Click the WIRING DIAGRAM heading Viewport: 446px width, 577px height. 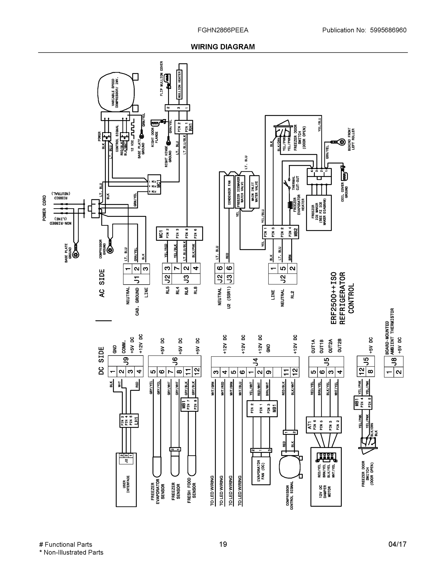tap(223, 47)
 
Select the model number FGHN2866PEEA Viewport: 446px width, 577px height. tap(223, 30)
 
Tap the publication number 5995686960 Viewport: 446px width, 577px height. tap(388, 30)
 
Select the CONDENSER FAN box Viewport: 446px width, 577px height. tap(229, 192)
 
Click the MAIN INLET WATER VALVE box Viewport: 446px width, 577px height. tap(254, 192)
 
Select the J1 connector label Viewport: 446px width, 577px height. tap(136, 279)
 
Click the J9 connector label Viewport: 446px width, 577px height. tap(126, 361)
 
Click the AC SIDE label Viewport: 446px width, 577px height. tap(102, 283)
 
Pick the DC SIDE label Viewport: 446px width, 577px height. tap(101, 361)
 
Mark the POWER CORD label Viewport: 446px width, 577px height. tap(44, 208)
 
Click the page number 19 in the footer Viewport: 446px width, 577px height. tap(223, 544)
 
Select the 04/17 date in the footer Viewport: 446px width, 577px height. tap(397, 544)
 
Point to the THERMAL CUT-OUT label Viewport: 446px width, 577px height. tap(295, 183)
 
